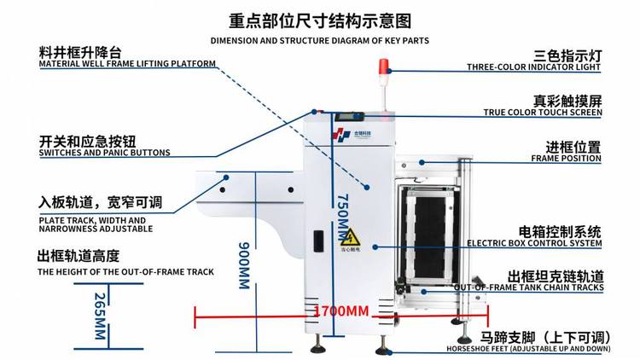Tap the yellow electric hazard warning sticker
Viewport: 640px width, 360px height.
[349, 237]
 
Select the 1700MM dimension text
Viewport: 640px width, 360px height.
[341, 311]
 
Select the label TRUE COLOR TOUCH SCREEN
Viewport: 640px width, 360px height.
[543, 113]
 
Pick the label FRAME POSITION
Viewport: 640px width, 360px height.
[566, 159]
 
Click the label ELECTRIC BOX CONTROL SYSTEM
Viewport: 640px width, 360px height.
[534, 243]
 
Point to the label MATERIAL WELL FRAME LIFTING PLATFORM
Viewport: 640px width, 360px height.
[127, 64]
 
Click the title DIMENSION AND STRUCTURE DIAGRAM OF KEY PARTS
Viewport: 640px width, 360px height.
[319, 40]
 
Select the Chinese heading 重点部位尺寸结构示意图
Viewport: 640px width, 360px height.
[320, 19]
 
